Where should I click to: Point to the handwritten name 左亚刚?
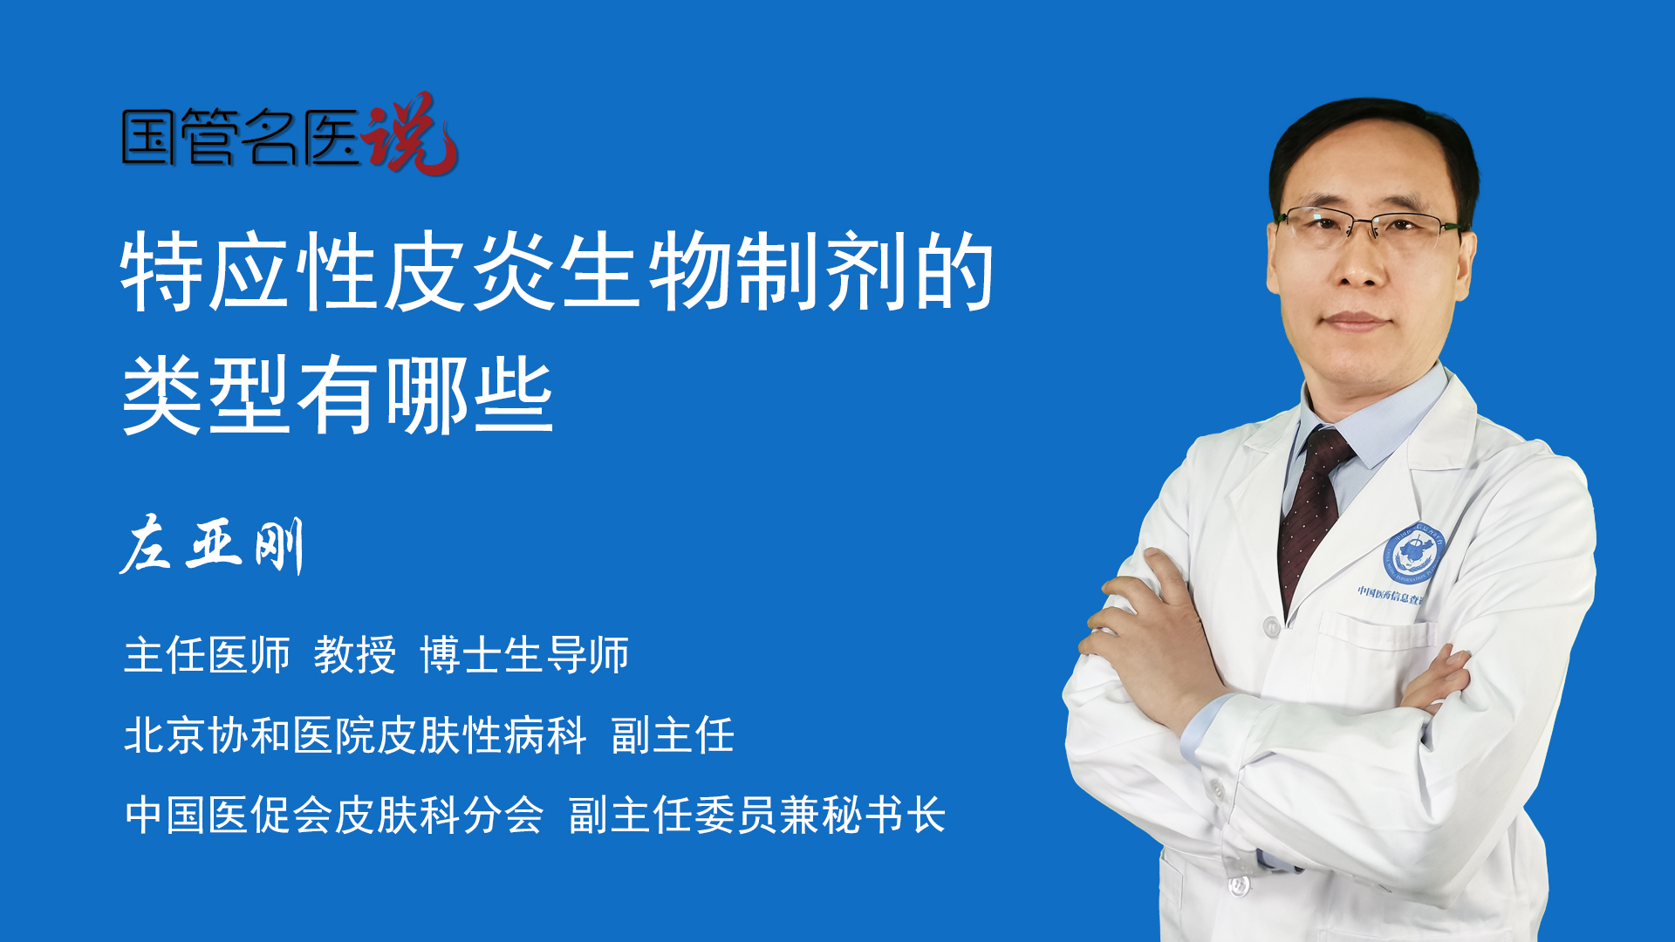tap(212, 545)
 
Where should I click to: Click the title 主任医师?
tap(207, 654)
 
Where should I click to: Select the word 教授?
tap(355, 654)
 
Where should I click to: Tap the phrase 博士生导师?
tap(524, 654)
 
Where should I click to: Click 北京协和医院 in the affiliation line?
tap(250, 734)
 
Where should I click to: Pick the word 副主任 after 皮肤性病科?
tap(673, 734)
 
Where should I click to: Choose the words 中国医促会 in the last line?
tap(229, 815)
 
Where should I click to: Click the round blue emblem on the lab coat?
tap(1414, 554)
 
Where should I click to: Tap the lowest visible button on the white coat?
tap(1239, 884)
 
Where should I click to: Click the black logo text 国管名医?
tap(241, 137)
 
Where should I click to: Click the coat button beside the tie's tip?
tap(1271, 626)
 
